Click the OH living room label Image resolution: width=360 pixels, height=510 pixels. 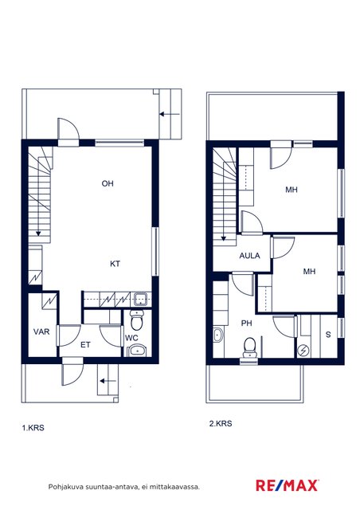tap(108, 183)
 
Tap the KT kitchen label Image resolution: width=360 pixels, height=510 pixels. tap(115, 264)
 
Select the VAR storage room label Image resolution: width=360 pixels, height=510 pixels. tap(41, 331)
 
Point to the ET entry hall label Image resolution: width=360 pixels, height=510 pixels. tap(85, 345)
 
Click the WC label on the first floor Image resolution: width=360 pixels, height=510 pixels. tap(131, 338)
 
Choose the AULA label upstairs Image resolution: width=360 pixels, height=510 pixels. tap(249, 256)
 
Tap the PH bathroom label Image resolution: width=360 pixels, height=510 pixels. tap(246, 324)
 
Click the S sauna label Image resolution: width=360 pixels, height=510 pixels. tap(328, 335)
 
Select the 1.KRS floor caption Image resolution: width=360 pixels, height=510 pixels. tap(33, 428)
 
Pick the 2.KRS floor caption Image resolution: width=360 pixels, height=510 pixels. tap(221, 423)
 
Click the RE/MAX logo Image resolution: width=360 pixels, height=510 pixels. tap(288, 485)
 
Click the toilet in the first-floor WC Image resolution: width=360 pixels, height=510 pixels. tap(136, 320)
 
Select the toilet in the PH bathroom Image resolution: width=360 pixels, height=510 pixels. tap(250, 347)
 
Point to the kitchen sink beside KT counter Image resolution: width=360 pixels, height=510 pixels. tap(141, 299)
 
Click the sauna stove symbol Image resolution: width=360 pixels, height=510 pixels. tap(303, 350)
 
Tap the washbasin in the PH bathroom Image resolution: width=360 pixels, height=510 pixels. tap(218, 335)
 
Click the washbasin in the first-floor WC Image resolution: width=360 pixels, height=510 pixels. tap(137, 351)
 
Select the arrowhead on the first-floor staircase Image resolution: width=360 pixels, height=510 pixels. tap(38, 233)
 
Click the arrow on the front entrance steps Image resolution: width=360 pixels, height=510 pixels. tap(108, 381)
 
